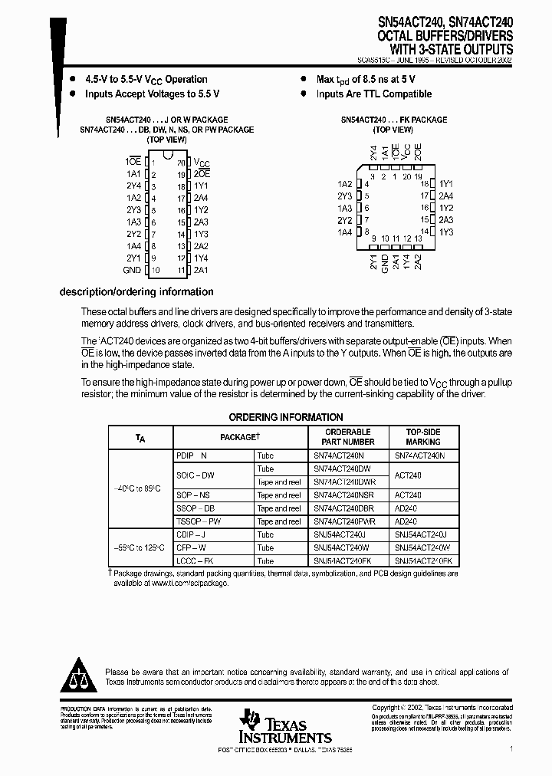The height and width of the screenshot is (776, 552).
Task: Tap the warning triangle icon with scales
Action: point(77,673)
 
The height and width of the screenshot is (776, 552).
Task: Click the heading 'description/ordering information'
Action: point(136,292)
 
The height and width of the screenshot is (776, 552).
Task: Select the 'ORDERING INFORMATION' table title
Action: point(286,417)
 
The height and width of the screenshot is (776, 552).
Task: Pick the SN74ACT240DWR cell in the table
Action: point(344,482)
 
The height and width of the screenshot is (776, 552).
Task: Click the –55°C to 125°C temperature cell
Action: point(140,548)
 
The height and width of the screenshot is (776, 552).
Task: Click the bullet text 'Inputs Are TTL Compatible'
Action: point(374,94)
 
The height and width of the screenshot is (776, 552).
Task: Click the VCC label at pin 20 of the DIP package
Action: point(202,163)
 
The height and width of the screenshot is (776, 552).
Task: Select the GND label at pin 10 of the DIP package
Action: point(132,271)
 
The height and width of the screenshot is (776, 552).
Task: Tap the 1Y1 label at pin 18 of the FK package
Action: point(446,185)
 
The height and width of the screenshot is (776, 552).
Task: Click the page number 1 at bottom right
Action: point(511,748)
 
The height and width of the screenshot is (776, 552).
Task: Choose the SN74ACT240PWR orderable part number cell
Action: point(344,521)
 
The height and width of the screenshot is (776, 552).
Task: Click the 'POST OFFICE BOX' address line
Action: point(285,748)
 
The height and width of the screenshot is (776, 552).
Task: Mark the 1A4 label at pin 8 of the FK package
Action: point(344,232)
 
